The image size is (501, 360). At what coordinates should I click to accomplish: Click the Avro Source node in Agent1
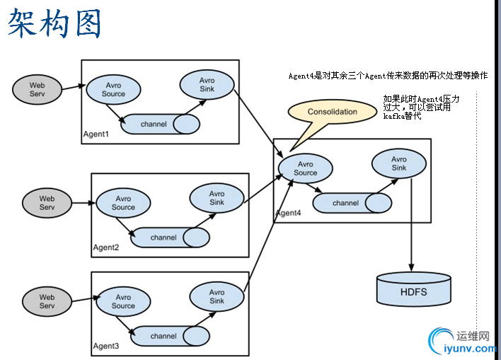point(113,90)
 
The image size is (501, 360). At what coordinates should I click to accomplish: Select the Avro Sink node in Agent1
point(207,84)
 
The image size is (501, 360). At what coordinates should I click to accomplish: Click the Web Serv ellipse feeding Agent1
point(37,89)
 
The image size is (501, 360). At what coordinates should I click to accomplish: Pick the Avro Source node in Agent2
point(123,203)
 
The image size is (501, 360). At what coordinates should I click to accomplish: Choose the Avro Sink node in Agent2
point(217,197)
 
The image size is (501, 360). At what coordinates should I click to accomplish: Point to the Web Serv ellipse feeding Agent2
point(47,203)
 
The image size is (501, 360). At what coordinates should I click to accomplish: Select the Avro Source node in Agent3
point(123,301)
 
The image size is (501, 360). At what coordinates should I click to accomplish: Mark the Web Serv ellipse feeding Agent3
point(47,301)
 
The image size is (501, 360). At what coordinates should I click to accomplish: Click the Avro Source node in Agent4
point(306,168)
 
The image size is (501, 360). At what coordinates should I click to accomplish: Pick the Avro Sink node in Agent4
point(399,163)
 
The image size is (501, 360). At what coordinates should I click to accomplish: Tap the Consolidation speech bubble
point(332,112)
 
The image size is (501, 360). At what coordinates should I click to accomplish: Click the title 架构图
point(55,25)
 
